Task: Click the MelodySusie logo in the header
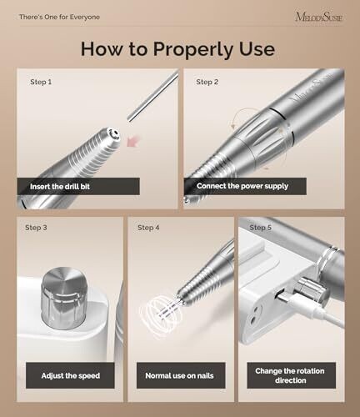(x=319, y=17)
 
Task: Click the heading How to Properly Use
(x=177, y=49)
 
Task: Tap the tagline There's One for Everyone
(x=59, y=17)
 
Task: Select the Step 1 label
(x=41, y=82)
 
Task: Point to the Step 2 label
(x=207, y=82)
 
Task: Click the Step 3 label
(x=36, y=228)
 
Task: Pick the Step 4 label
(x=148, y=228)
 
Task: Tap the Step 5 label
(x=260, y=228)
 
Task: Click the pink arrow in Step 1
(x=132, y=140)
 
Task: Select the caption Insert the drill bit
(x=60, y=187)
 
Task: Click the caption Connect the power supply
(x=242, y=186)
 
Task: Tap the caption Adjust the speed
(x=71, y=376)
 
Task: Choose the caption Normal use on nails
(x=179, y=376)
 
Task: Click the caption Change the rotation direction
(x=290, y=375)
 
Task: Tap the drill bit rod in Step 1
(x=153, y=96)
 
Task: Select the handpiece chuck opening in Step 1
(x=113, y=134)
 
